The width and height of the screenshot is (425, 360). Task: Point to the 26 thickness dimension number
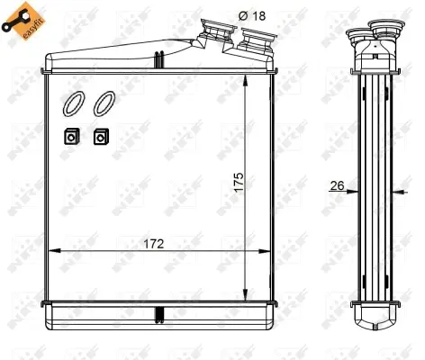pyautogui.click(x=338, y=186)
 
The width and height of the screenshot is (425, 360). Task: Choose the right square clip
pyautogui.click(x=100, y=137)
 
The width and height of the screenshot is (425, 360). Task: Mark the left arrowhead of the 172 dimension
pyautogui.click(x=52, y=250)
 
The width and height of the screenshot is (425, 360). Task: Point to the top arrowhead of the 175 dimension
pyautogui.click(x=248, y=76)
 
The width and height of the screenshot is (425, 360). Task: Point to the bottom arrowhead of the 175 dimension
pyautogui.click(x=248, y=292)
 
